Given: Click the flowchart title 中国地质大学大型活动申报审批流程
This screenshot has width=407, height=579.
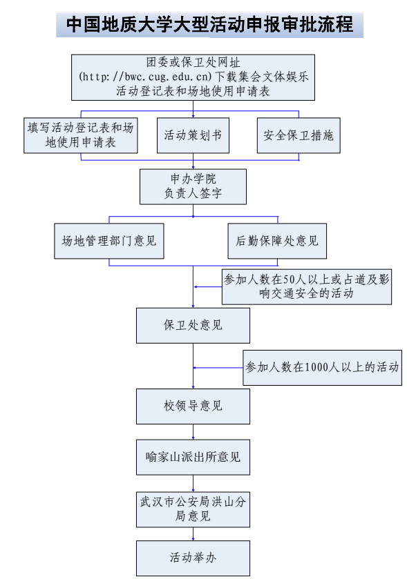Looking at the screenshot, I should [x=209, y=26].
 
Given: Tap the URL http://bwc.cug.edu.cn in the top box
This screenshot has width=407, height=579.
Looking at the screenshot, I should [x=146, y=76].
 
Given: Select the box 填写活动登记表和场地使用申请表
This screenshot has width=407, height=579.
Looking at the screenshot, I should [x=80, y=135].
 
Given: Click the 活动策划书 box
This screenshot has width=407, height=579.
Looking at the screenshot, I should [x=193, y=135].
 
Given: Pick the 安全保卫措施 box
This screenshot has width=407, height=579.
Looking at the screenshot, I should [x=299, y=135].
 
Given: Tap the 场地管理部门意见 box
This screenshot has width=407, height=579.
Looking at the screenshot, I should [x=109, y=241].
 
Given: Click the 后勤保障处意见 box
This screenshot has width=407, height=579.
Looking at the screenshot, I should [x=277, y=241].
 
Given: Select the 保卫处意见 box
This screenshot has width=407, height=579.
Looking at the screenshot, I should [x=193, y=325].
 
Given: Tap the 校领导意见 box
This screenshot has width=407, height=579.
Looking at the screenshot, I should [x=193, y=406].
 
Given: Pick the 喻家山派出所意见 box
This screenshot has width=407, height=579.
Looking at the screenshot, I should [x=193, y=457].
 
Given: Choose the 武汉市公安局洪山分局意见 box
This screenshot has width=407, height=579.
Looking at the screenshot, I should [x=193, y=509].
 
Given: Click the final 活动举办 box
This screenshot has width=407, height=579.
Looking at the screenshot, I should [x=193, y=558].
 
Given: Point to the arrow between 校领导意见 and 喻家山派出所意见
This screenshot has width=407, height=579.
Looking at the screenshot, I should [x=193, y=432].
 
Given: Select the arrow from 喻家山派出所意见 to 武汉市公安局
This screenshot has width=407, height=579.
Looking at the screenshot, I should [x=193, y=482].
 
